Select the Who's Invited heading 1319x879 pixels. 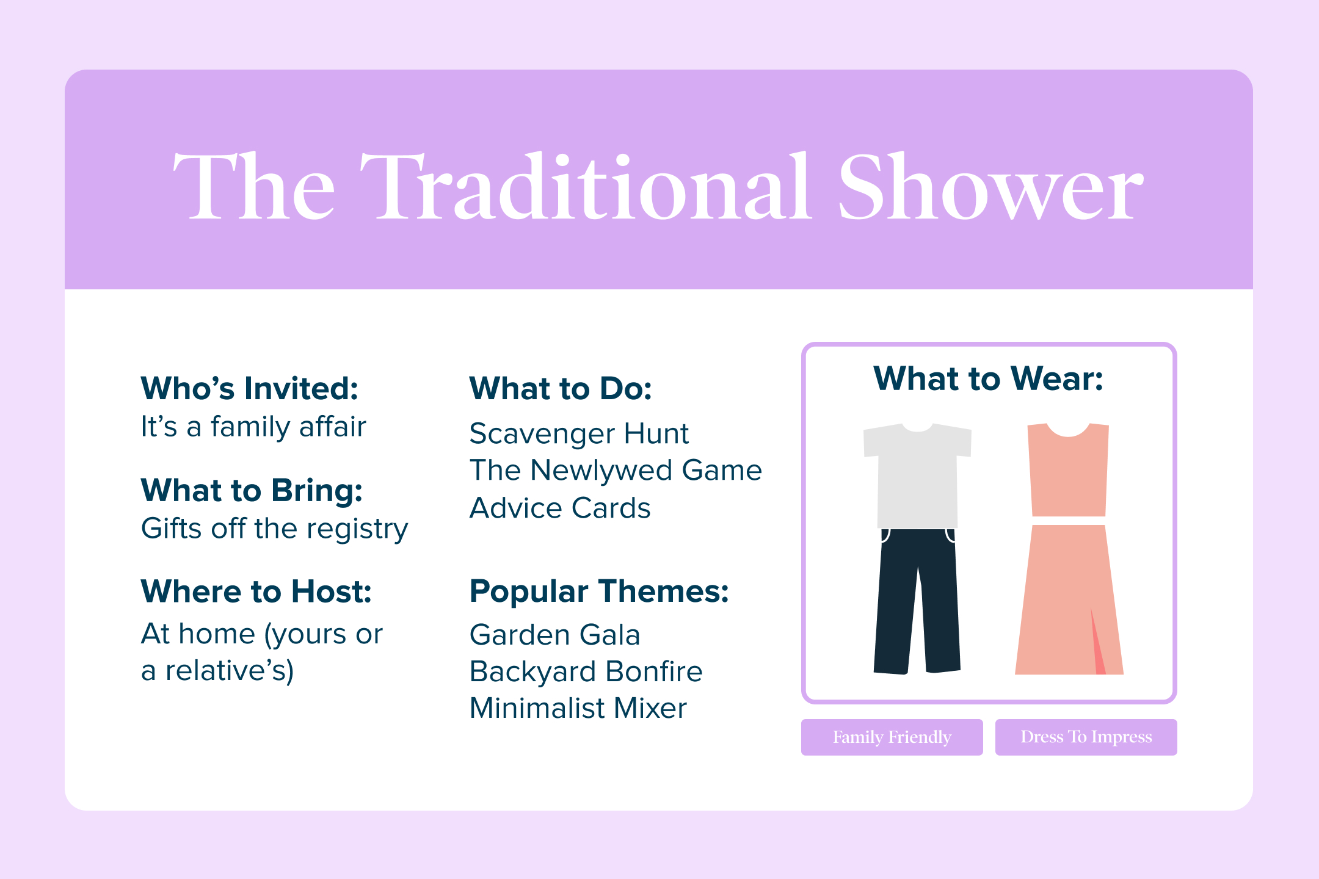[x=249, y=388]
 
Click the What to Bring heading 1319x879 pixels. [x=252, y=490]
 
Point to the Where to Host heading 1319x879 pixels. [x=256, y=591]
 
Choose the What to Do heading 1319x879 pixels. [x=561, y=388]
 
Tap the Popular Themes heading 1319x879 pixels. [x=599, y=591]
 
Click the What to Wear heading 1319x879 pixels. [x=989, y=378]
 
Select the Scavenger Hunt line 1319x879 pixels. [x=579, y=434]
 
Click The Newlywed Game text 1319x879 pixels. [x=616, y=471]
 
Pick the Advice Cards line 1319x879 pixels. [x=560, y=508]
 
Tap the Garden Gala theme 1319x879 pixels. [x=555, y=635]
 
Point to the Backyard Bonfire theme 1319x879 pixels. [x=586, y=671]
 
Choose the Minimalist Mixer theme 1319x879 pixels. [x=578, y=708]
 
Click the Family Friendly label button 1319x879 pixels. [x=892, y=737]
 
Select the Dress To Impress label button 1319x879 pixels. [x=1086, y=737]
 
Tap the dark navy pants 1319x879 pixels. [x=917, y=601]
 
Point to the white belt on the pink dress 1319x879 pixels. [x=1069, y=521]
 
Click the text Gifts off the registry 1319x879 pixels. [x=274, y=529]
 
